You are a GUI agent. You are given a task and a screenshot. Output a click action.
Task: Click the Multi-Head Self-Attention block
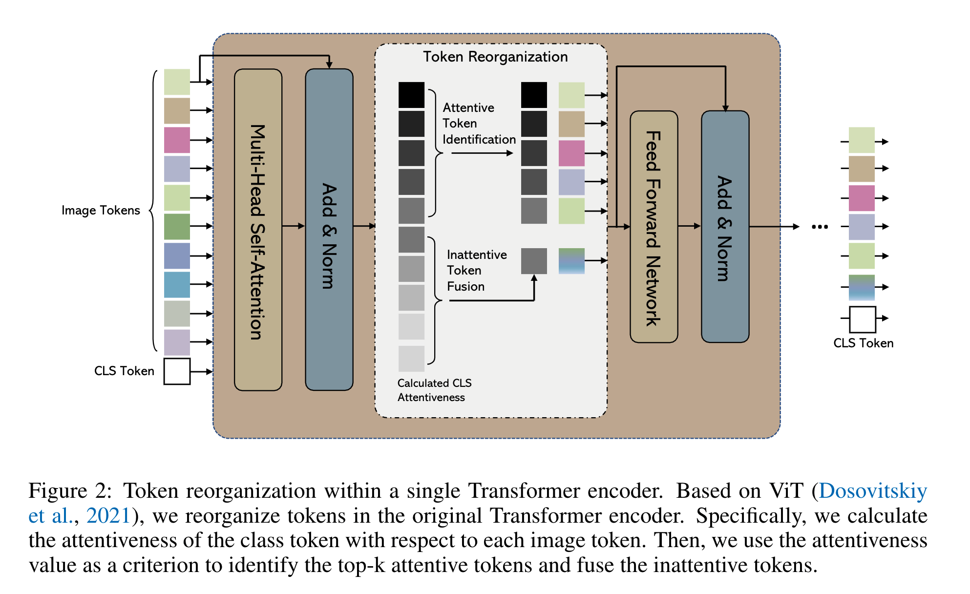(x=258, y=230)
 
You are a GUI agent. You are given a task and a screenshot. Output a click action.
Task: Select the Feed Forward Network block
(x=654, y=227)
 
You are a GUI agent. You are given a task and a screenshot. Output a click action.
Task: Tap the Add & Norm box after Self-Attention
(x=329, y=230)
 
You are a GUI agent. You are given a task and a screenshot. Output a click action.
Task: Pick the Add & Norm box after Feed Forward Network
(x=725, y=227)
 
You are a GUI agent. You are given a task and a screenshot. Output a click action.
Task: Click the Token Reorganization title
(x=495, y=57)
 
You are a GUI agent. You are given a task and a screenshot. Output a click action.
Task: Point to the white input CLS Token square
(x=177, y=371)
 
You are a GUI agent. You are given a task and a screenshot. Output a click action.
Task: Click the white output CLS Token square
(x=863, y=319)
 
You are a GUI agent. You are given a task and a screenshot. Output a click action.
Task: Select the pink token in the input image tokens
(x=177, y=140)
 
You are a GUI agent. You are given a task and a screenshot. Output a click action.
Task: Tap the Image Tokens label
(x=101, y=211)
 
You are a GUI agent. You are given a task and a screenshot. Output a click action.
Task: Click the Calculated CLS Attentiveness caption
(x=434, y=390)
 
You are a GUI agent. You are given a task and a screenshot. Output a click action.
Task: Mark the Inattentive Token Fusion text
(x=476, y=270)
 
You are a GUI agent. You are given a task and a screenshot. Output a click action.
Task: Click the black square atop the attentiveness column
(x=411, y=95)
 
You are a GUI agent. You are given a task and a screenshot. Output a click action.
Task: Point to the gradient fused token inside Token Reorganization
(x=571, y=261)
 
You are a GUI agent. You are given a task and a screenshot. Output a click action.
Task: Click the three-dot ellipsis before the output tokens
(x=820, y=227)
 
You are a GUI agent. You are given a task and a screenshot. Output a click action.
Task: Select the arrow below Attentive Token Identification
(x=482, y=153)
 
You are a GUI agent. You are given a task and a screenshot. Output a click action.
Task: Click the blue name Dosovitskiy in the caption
(x=873, y=490)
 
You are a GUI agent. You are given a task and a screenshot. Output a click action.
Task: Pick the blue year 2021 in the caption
(x=108, y=515)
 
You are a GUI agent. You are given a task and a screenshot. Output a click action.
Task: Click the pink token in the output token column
(x=862, y=198)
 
